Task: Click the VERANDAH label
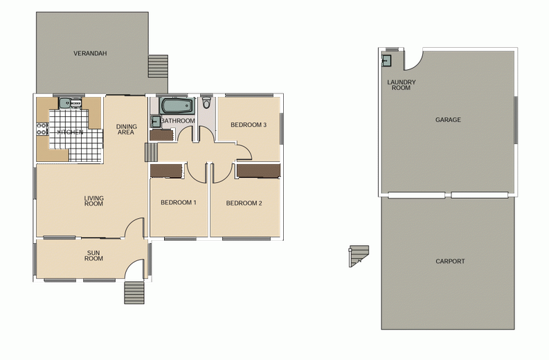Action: click(90, 53)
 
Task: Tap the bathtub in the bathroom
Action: click(177, 106)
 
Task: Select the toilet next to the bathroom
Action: click(206, 102)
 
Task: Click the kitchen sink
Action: click(65, 103)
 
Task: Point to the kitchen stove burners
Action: click(42, 129)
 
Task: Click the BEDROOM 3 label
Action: click(249, 125)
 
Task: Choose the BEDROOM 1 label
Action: click(178, 202)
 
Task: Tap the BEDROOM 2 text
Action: click(244, 203)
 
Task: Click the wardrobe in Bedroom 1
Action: click(167, 170)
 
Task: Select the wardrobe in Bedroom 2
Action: click(258, 171)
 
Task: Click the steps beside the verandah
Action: click(158, 66)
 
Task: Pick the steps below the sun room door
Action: click(134, 293)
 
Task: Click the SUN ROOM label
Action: click(93, 255)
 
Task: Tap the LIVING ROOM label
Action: click(94, 201)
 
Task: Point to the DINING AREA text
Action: click(126, 129)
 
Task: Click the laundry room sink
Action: click(386, 61)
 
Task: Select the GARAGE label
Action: click(448, 120)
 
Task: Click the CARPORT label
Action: click(450, 261)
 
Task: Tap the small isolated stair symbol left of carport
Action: click(359, 256)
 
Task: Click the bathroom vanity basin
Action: click(156, 121)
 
